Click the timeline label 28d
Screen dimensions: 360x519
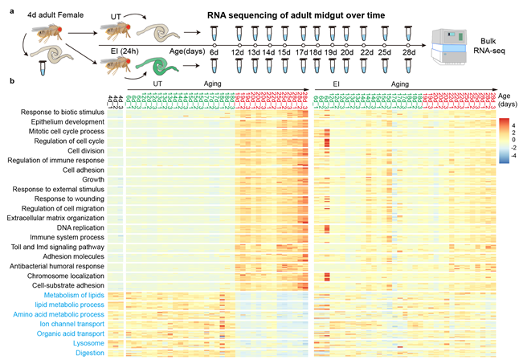tap(411, 53)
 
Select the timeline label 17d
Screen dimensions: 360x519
tap(303, 53)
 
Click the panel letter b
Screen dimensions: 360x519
tap(10, 80)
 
